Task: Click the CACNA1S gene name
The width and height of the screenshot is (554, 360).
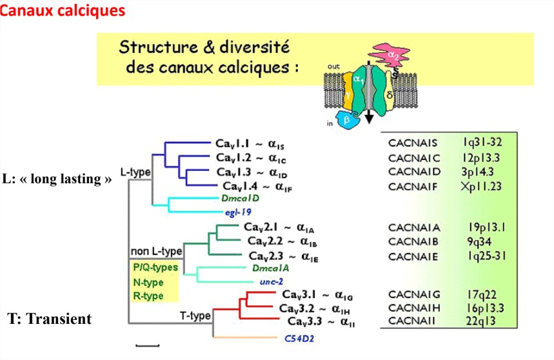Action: tap(413, 143)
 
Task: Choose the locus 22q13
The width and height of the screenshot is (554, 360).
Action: tap(480, 321)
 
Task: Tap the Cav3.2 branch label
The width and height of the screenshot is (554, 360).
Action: tap(316, 308)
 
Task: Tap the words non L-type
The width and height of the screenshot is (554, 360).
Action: tap(155, 250)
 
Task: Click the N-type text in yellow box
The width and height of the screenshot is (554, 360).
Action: tap(148, 282)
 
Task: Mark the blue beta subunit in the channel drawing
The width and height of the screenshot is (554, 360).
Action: tap(346, 119)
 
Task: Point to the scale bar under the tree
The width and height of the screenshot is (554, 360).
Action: tap(147, 346)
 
